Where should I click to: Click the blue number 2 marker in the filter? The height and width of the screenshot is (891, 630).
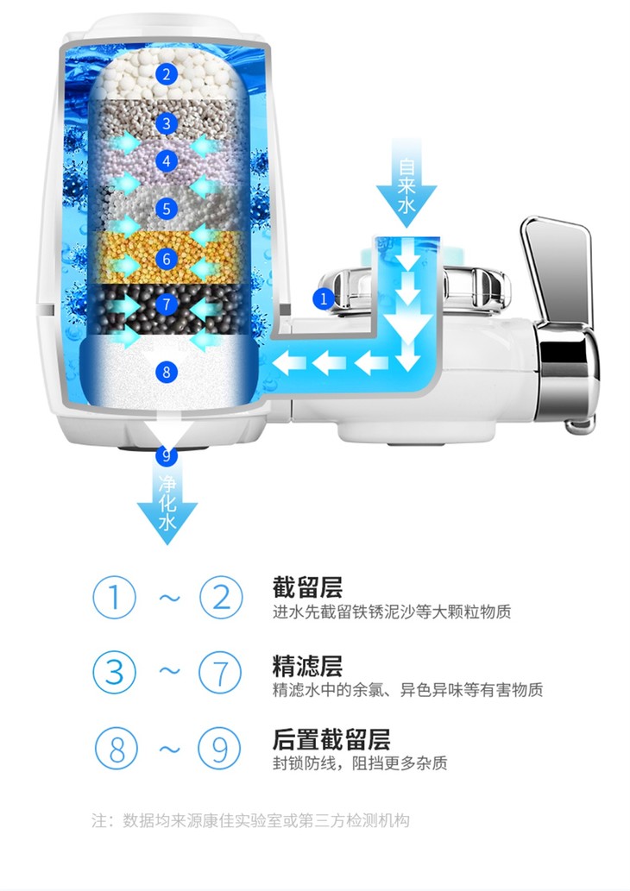pyautogui.click(x=167, y=73)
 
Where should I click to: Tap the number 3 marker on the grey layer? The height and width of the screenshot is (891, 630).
pyautogui.click(x=167, y=123)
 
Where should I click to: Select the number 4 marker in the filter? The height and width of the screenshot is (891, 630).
pyautogui.click(x=167, y=161)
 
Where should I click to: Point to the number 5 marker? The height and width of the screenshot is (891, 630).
pyautogui.click(x=167, y=208)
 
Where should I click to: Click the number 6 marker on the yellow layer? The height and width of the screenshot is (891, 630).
pyautogui.click(x=167, y=258)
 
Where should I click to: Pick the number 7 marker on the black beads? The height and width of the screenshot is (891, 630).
pyautogui.click(x=167, y=304)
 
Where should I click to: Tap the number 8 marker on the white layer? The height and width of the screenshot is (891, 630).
pyautogui.click(x=167, y=372)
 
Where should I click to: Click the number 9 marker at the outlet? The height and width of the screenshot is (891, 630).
pyautogui.click(x=167, y=454)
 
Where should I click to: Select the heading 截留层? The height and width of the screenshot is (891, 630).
pyautogui.click(x=307, y=588)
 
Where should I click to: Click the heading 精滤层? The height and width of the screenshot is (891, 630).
pyautogui.click(x=307, y=666)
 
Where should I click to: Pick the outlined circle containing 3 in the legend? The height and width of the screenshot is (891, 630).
pyautogui.click(x=115, y=672)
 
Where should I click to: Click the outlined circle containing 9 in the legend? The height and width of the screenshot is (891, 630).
pyautogui.click(x=219, y=748)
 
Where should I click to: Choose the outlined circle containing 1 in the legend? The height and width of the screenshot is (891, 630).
pyautogui.click(x=115, y=597)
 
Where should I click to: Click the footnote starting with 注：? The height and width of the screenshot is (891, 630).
pyautogui.click(x=251, y=819)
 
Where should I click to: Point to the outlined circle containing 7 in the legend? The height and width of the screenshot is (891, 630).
pyautogui.click(x=219, y=672)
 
